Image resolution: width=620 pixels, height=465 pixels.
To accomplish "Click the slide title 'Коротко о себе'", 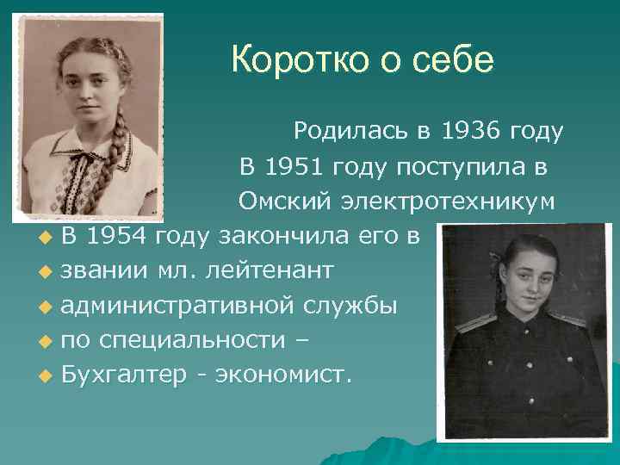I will point(363,60).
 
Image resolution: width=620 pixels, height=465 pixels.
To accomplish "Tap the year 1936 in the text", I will point(471,132).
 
